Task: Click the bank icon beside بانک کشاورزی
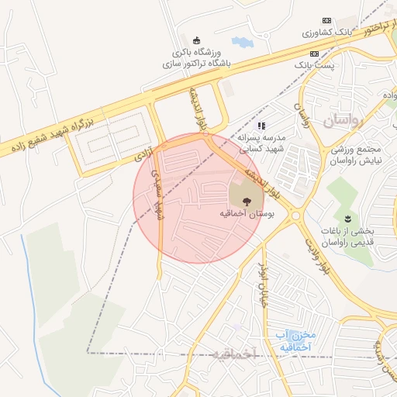(326, 20)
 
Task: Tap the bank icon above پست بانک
(314, 53)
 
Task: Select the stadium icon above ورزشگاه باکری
(195, 40)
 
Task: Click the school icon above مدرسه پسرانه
(261, 125)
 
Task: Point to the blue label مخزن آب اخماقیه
(292, 341)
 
